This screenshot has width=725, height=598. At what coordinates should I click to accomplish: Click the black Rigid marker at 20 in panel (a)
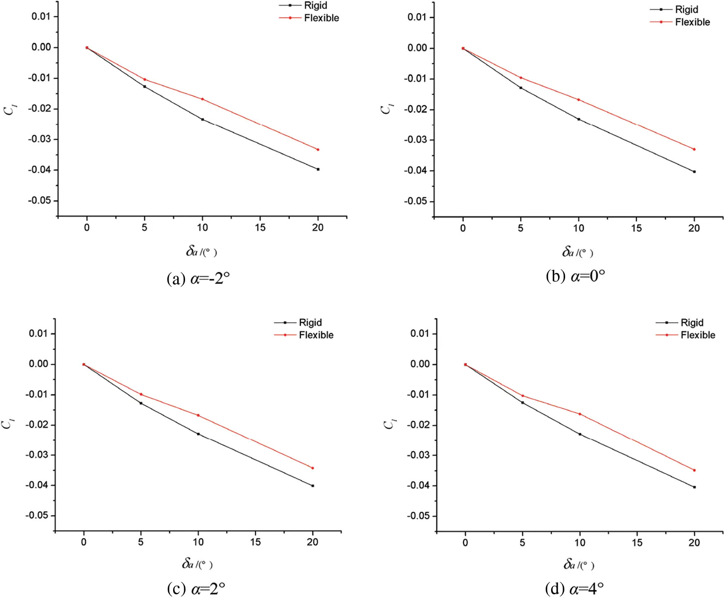pyautogui.click(x=318, y=169)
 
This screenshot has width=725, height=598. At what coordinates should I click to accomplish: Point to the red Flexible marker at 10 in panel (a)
pyautogui.click(x=202, y=99)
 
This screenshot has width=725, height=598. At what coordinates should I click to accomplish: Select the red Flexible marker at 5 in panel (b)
pyautogui.click(x=521, y=78)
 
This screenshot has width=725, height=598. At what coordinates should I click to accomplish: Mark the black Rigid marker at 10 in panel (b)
pyautogui.click(x=578, y=119)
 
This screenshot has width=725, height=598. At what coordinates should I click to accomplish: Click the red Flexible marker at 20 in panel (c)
pyautogui.click(x=312, y=468)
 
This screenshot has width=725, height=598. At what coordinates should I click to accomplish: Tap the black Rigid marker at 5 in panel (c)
pyautogui.click(x=141, y=403)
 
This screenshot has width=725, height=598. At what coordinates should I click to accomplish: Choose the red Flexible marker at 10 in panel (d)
pyautogui.click(x=580, y=414)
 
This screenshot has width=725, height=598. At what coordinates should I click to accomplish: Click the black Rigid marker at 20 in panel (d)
pyautogui.click(x=694, y=487)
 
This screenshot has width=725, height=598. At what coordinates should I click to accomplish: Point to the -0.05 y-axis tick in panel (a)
pyautogui.click(x=41, y=201)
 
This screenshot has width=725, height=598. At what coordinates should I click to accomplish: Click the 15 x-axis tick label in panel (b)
pyautogui.click(x=636, y=228)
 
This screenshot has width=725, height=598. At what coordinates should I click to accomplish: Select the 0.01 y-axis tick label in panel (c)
pyautogui.click(x=38, y=334)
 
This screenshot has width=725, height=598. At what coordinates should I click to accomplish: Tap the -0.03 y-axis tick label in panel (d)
pyautogui.click(x=420, y=455)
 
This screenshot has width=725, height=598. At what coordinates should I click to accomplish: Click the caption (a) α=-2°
pyautogui.click(x=198, y=279)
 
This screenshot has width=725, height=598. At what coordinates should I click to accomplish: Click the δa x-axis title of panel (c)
pyautogui.click(x=197, y=564)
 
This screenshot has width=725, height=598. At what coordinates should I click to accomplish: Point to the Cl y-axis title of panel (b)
pyautogui.click(x=386, y=109)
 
